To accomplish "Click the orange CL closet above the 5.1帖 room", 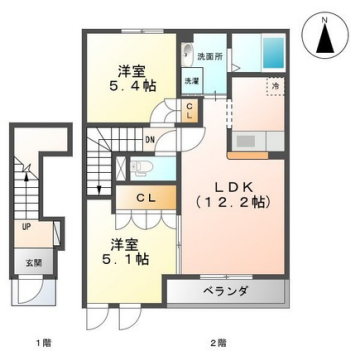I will click(144, 199).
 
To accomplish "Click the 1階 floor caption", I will click(41, 343).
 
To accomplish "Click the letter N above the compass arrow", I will click(326, 17).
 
